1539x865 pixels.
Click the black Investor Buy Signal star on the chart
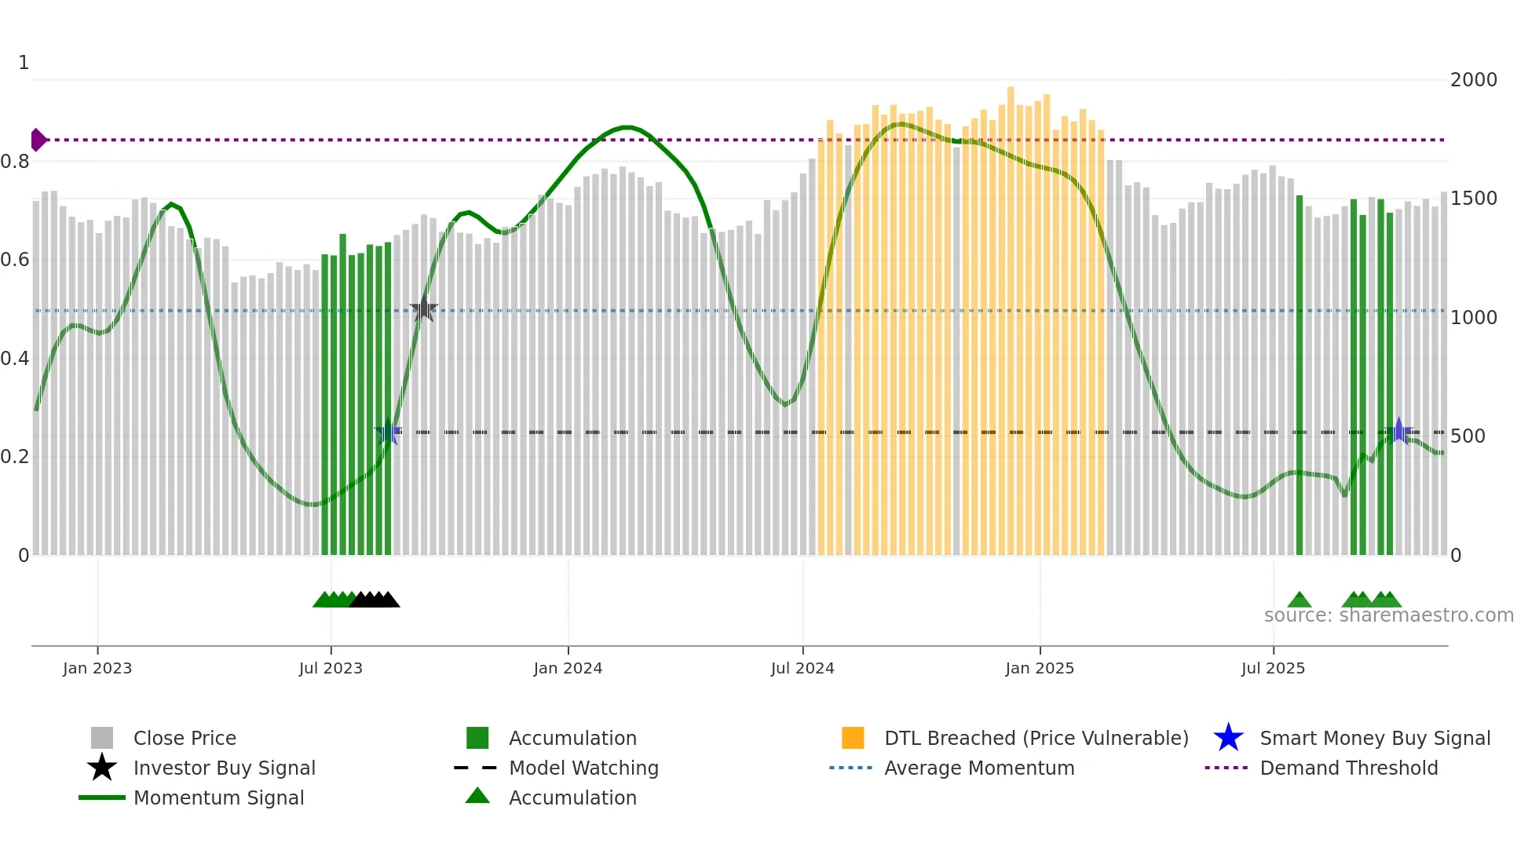coord(423,309)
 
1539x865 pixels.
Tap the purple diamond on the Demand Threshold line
coord(38,140)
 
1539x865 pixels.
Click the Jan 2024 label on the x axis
coord(568,668)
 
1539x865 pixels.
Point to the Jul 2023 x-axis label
coord(331,668)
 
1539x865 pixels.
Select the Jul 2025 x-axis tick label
coord(1273,668)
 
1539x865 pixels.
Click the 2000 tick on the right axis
coord(1473,80)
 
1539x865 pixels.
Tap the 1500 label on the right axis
coord(1473,199)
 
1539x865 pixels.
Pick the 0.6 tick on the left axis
coord(15,260)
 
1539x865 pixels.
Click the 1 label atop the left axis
coord(24,63)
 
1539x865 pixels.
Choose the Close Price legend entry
coord(185,738)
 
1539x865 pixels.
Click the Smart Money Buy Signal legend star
coord(1228,738)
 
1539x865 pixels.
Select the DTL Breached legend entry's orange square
coord(853,738)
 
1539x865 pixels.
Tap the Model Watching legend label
coord(583,768)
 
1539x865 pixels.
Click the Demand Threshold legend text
coord(1348,768)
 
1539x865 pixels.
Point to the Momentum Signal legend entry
coord(218,797)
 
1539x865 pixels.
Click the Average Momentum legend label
coord(979,768)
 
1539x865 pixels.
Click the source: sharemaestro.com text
coord(1388,615)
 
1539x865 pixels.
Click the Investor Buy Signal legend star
coord(102,768)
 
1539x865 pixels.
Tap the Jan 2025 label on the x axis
coord(1040,668)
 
